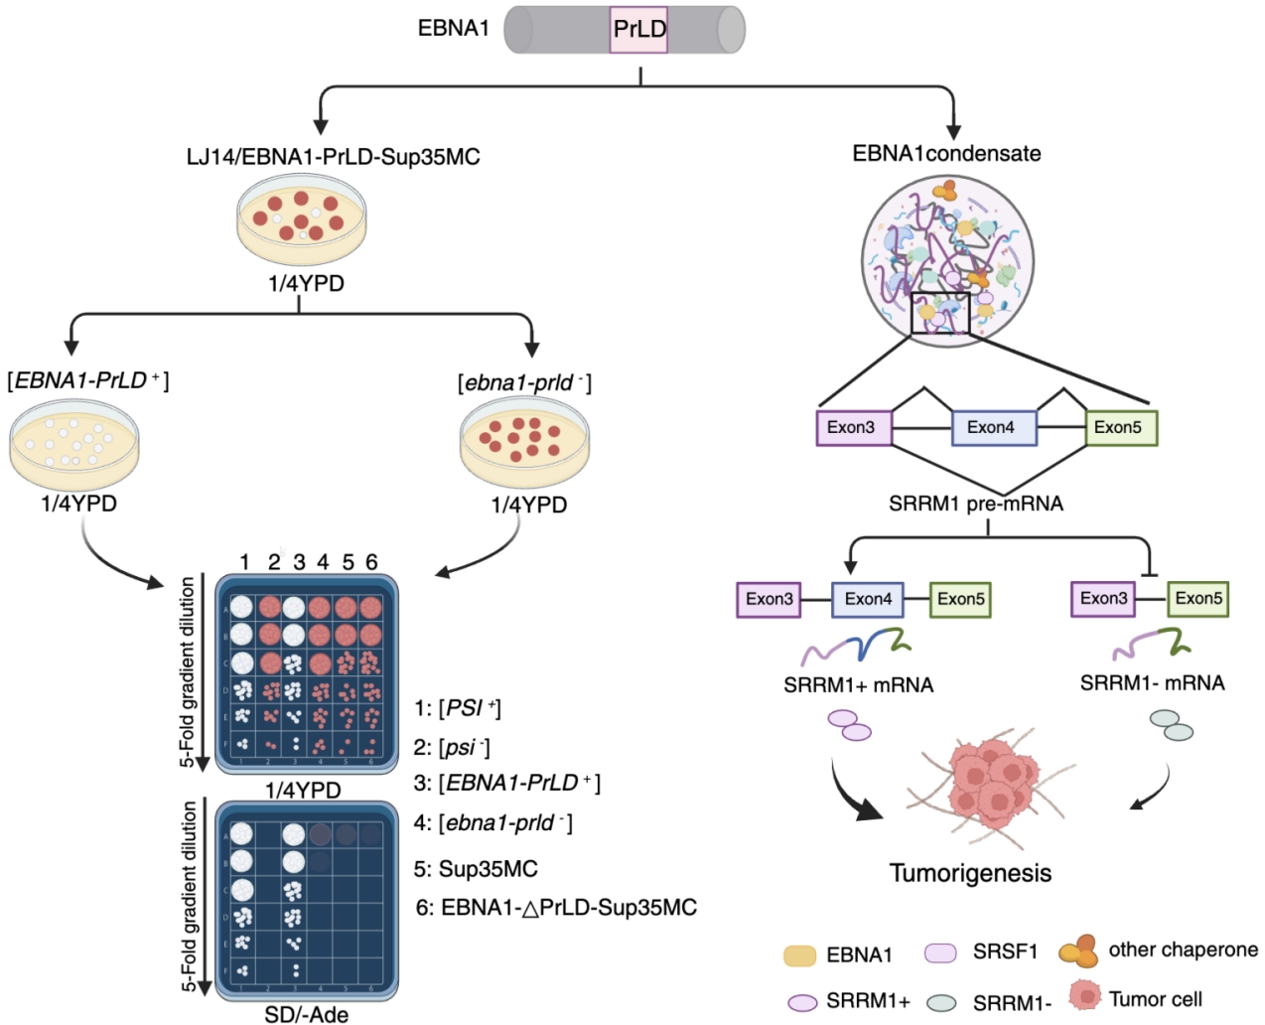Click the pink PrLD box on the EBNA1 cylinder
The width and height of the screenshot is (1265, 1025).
[639, 30]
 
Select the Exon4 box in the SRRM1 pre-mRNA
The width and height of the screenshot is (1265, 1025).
[994, 428]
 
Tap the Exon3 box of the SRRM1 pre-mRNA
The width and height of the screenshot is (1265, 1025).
[853, 428]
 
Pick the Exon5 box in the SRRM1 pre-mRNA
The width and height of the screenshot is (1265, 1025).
[1120, 428]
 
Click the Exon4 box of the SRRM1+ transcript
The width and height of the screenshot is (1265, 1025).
[868, 599]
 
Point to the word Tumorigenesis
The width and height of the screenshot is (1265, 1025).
[970, 873]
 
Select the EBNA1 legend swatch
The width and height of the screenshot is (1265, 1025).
[799, 955]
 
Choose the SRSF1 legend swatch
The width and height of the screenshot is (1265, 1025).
[940, 952]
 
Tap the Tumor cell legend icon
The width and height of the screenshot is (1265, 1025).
[1085, 995]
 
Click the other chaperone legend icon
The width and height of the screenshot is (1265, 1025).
[1078, 951]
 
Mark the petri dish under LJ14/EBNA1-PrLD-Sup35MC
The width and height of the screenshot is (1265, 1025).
[301, 220]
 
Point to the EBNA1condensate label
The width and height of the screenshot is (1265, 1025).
[946, 154]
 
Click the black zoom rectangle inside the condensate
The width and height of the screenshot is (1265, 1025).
[939, 314]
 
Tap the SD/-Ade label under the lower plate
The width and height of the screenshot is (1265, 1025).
[306, 1014]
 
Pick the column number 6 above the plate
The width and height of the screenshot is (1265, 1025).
[371, 562]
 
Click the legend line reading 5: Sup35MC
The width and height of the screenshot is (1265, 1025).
[476, 869]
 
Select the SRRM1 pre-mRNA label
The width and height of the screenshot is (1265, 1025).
[976, 504]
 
